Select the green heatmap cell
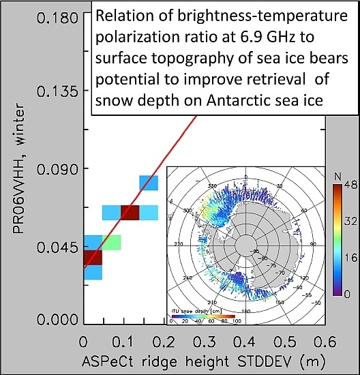pos(112,242)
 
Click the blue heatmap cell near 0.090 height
pos(149,182)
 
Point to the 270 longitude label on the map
pos(181,243)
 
